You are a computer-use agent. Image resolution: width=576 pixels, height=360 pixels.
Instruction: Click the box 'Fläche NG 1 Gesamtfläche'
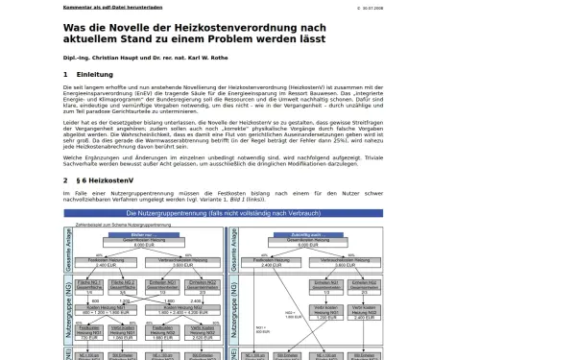(x=89, y=286)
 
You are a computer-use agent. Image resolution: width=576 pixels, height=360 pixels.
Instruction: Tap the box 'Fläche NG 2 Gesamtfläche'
(x=122, y=286)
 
